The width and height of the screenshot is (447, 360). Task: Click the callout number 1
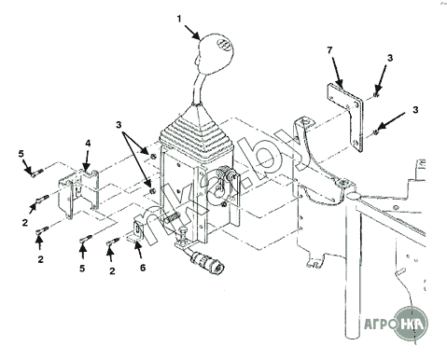179,19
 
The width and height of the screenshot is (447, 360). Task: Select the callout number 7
329,49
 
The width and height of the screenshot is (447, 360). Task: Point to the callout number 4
88,144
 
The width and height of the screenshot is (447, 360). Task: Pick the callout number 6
143,268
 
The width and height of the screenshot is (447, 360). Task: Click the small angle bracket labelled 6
136,230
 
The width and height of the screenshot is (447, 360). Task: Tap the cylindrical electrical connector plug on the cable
206,261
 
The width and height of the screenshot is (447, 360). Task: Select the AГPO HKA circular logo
410,325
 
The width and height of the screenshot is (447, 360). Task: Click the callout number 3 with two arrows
119,125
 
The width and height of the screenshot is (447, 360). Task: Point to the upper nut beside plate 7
376,94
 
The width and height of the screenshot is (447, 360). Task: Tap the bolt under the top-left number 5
36,172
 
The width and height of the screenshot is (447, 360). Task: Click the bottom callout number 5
82,269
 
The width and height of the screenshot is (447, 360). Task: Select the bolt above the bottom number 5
85,239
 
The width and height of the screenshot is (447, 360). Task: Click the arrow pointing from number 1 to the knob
191,32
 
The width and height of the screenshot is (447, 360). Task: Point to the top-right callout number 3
390,58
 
